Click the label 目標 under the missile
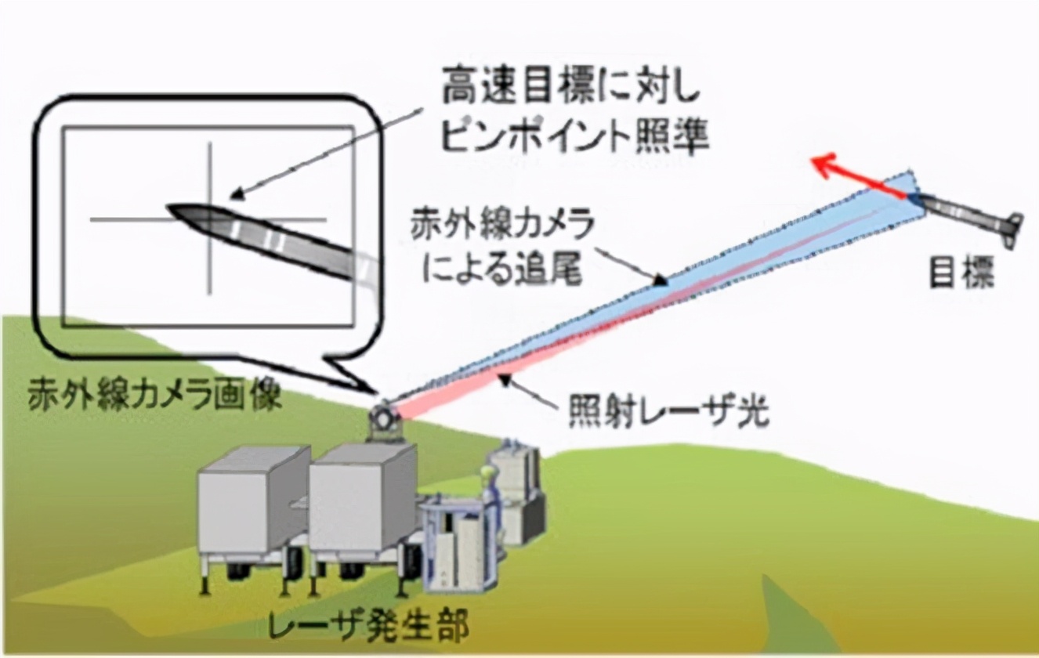coord(961,274)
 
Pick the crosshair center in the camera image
coord(210,220)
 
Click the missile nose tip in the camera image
coord(169,208)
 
